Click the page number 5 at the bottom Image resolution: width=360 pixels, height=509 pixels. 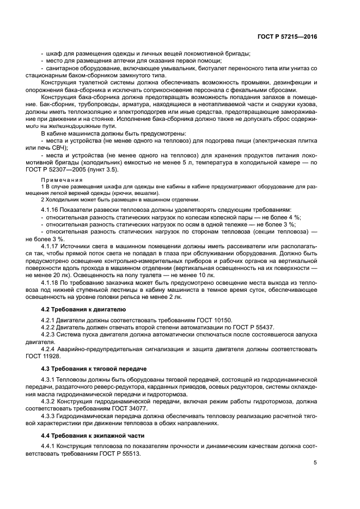click(315, 463)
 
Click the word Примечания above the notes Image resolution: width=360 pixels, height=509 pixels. click(62, 180)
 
